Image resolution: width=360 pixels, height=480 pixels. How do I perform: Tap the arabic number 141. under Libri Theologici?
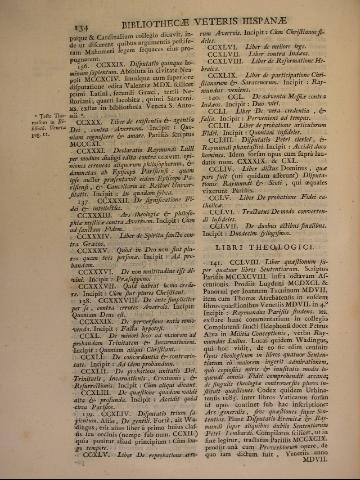(x=197, y=262)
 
